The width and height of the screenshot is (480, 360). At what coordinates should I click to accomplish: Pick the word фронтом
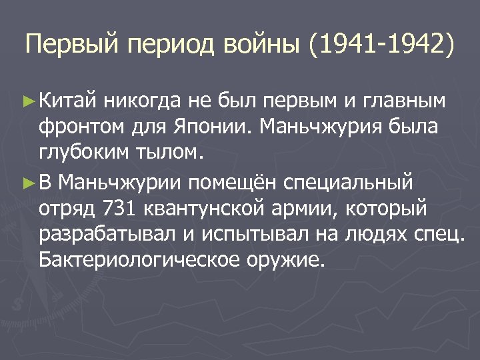pyautogui.click(x=77, y=127)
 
